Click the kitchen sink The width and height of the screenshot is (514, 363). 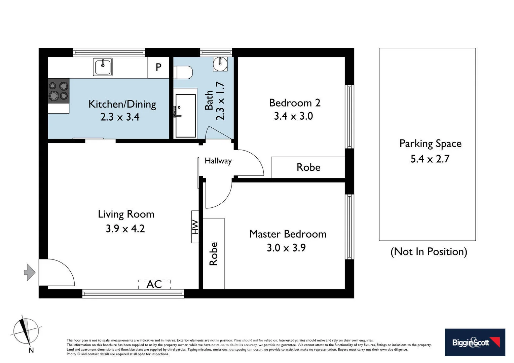103,67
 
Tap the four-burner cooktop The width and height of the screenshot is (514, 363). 59,91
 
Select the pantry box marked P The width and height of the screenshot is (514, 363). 158,68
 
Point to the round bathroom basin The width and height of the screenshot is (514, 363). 220,64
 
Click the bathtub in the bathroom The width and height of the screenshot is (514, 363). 185,116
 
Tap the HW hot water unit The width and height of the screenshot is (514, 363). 195,227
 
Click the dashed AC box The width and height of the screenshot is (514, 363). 154,284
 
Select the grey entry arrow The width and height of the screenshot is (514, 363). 30,272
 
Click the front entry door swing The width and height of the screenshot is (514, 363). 56,272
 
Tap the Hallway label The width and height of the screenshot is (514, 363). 218,161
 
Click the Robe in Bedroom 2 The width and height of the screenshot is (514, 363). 308,167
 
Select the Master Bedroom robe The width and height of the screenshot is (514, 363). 214,254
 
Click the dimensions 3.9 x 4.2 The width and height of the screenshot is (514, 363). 125,229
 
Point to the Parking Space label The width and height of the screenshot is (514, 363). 430,144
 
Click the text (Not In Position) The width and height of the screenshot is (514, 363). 429,252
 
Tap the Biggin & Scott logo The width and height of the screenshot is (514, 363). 475,342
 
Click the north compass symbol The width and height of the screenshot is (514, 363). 26,331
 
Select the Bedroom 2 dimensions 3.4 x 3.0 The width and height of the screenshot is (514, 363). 293,116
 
